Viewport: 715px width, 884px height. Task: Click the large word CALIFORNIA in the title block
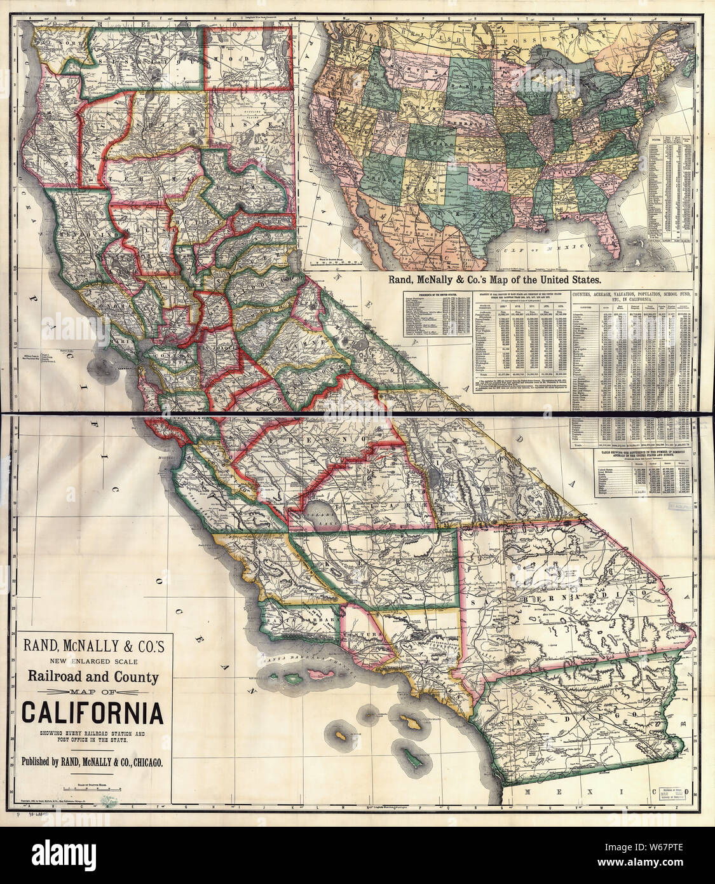93,713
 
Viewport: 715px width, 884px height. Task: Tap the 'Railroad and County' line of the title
93,677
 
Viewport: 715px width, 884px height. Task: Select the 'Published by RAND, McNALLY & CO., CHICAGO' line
93,760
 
